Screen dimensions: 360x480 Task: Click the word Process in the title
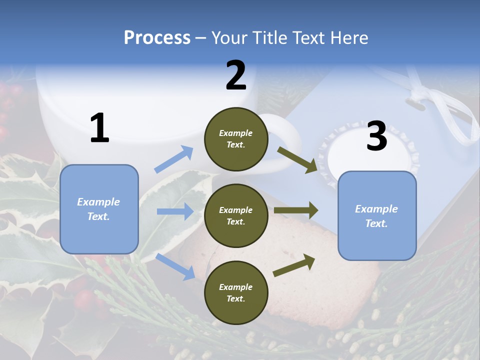(x=157, y=38)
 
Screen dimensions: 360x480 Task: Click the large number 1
(x=99, y=128)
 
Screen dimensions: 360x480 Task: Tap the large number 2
(x=236, y=75)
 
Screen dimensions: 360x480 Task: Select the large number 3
(x=376, y=136)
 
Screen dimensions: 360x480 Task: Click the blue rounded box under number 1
(x=99, y=209)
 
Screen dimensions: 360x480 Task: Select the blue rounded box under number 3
(x=377, y=216)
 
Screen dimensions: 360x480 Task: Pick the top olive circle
(x=236, y=139)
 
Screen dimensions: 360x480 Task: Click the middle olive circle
(x=236, y=215)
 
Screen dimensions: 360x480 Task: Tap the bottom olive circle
(x=236, y=292)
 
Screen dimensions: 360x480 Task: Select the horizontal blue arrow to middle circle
(x=175, y=211)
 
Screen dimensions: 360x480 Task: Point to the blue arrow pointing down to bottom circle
(x=175, y=266)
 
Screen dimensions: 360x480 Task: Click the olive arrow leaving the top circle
(x=297, y=159)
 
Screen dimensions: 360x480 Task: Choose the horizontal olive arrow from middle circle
(x=296, y=210)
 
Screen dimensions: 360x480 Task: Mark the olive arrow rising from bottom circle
(x=294, y=265)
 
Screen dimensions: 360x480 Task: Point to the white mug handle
(x=285, y=135)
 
